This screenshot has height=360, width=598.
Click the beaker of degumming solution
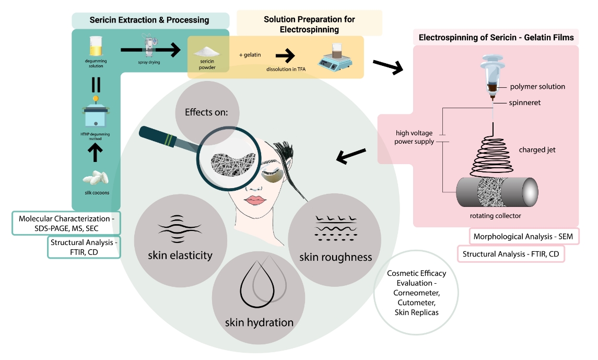(96, 47)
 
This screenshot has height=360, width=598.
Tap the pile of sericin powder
(205, 52)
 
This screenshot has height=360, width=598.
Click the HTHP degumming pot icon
(96, 115)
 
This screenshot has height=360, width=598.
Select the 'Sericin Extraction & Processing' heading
(149, 20)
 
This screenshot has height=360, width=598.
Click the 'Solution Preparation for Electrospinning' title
(309, 24)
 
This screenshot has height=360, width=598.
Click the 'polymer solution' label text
(537, 86)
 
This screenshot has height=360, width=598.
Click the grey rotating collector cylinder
(496, 193)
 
